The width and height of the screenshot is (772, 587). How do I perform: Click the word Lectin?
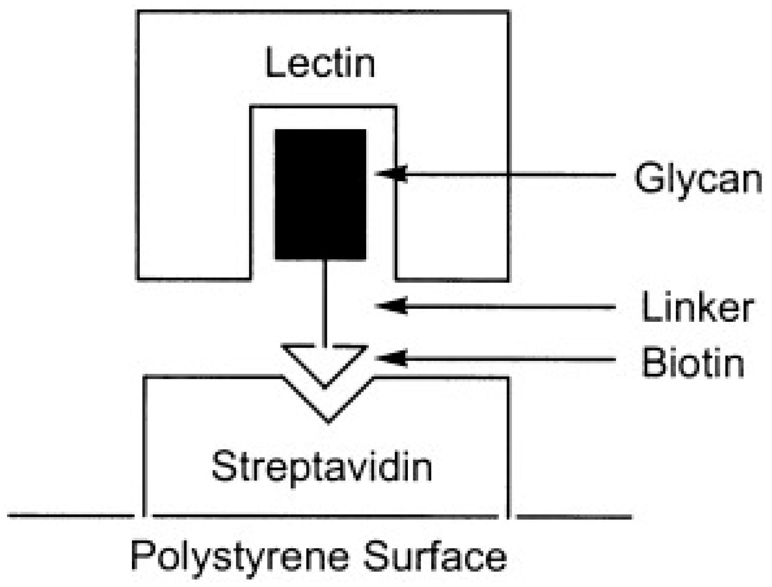coord(320,63)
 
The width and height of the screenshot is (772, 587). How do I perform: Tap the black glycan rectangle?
coord(320,194)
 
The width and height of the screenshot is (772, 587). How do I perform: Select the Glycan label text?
coord(698,179)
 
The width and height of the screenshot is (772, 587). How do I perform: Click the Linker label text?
coord(697,308)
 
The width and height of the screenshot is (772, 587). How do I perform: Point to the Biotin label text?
coord(693,363)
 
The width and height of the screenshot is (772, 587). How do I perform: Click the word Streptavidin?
coord(322,466)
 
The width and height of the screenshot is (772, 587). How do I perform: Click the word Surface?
coord(435,556)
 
